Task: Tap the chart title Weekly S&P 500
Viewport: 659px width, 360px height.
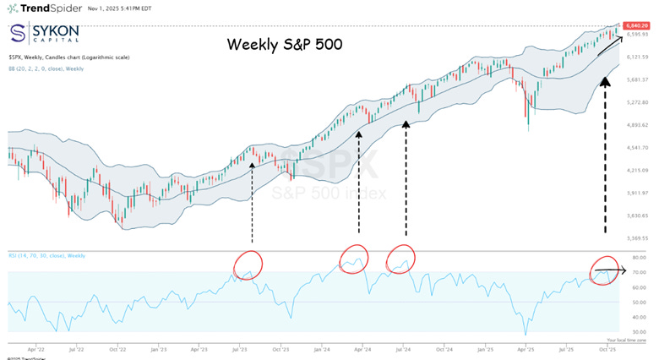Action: click(285, 44)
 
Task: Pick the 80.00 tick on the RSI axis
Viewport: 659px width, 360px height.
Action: click(639, 257)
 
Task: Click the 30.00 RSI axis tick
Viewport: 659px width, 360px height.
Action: click(639, 331)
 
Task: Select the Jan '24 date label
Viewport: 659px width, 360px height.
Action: click(321, 347)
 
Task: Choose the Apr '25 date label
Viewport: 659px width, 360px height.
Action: click(525, 347)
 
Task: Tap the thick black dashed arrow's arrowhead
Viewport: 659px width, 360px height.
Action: click(605, 81)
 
